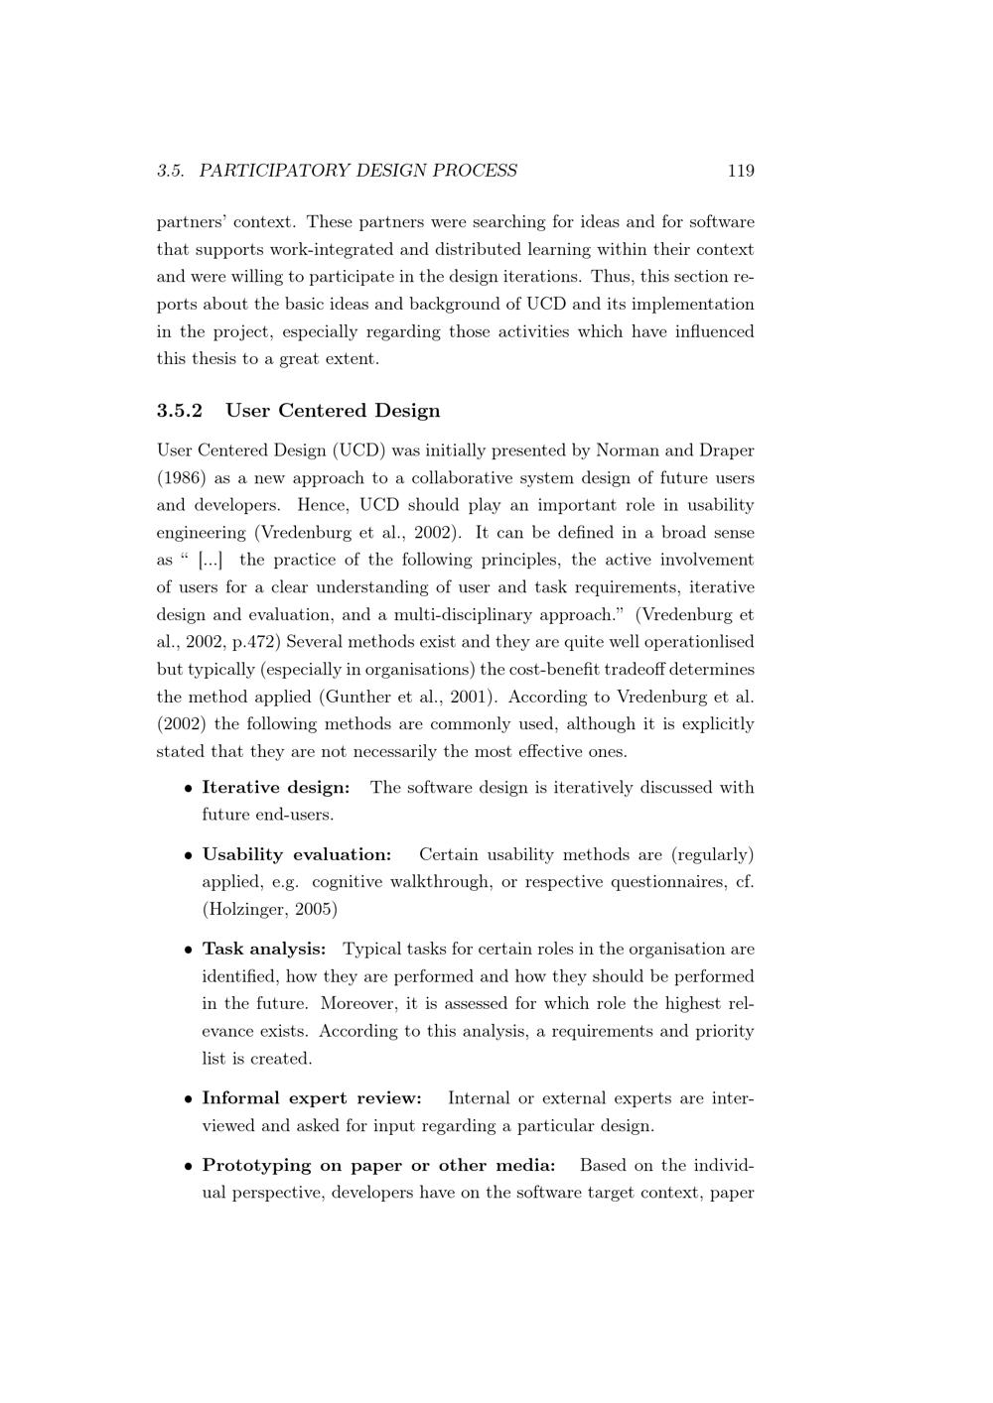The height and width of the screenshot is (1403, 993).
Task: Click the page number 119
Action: click(741, 171)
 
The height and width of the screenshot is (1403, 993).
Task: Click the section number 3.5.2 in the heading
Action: click(180, 411)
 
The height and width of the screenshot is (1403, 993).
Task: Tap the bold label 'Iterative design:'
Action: click(276, 788)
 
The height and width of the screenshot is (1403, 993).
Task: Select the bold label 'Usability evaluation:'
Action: click(297, 854)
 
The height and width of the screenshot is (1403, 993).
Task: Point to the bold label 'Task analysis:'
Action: click(264, 950)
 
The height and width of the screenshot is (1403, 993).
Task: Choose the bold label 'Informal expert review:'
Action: click(312, 1098)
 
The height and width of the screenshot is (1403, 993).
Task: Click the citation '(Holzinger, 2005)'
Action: click(269, 909)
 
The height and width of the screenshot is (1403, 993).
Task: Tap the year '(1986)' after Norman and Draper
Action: click(181, 478)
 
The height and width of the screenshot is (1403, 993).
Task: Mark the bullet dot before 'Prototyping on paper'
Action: click(188, 1166)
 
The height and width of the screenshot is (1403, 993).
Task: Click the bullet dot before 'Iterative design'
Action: click(188, 789)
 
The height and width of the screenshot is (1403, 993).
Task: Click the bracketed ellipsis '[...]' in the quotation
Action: click(211, 561)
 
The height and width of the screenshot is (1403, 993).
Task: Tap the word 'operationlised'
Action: click(695, 642)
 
